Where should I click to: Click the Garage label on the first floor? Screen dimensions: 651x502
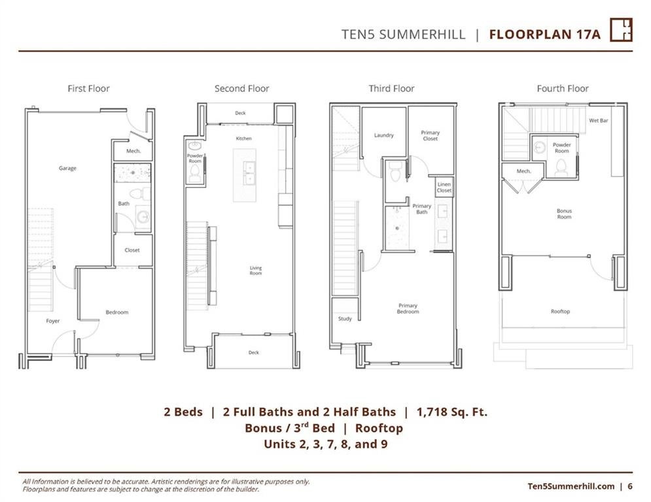tap(67, 168)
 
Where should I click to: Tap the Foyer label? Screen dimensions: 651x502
tap(53, 321)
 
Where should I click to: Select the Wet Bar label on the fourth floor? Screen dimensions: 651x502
tap(598, 120)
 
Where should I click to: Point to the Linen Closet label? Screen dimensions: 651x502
tap(444, 187)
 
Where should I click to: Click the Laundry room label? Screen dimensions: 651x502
tap(383, 135)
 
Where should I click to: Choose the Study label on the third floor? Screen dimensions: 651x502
tap(345, 318)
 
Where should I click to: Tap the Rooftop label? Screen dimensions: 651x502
tap(560, 311)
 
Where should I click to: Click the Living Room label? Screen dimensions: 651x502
tap(256, 271)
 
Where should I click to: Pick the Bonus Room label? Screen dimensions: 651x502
tap(564, 214)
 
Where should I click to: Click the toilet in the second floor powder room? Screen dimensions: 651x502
tap(195, 173)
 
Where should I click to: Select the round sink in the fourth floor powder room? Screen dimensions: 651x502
tap(539, 147)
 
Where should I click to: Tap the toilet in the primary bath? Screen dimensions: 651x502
tap(395, 171)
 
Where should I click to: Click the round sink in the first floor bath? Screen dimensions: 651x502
tap(144, 217)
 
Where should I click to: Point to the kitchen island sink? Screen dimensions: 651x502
tap(249, 173)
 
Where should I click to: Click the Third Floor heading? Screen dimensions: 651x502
tap(391, 88)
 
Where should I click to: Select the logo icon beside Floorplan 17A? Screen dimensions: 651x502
tap(621, 29)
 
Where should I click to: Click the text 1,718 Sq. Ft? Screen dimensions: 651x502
tap(451, 412)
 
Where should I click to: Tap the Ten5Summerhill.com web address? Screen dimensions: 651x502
tap(571, 486)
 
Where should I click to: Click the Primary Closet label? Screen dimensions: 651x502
tap(430, 136)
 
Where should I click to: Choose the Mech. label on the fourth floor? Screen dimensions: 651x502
tap(523, 171)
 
